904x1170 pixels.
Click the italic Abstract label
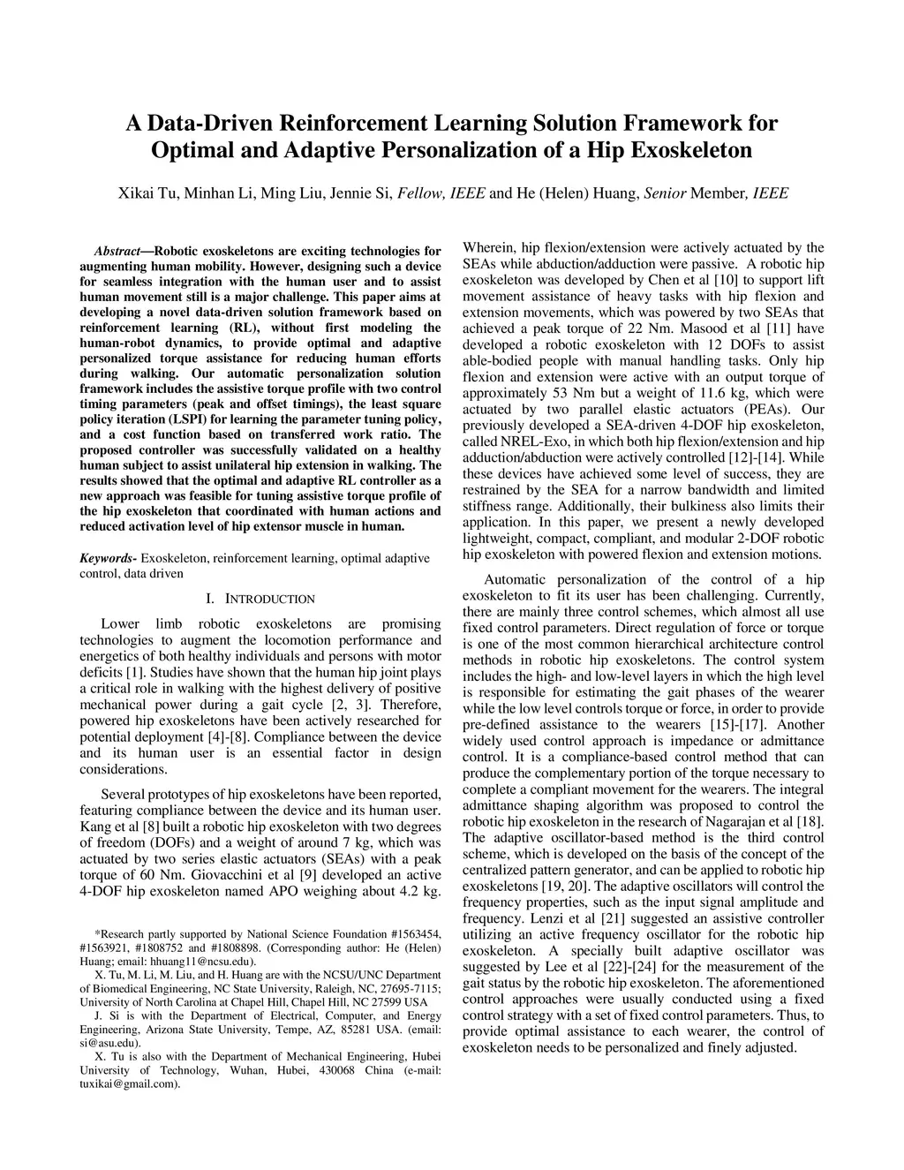click(117, 251)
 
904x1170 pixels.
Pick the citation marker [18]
click(811, 821)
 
